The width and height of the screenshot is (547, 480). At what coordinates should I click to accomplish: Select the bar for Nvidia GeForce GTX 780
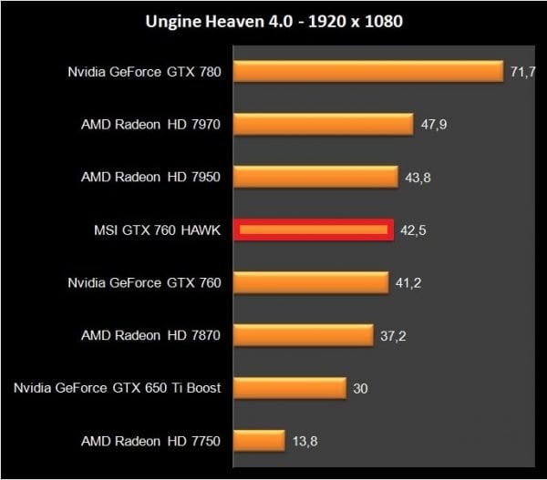(x=368, y=72)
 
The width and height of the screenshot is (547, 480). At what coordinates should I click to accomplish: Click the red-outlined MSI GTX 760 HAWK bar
(x=314, y=230)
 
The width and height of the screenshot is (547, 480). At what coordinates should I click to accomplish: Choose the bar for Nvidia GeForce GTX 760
(x=311, y=283)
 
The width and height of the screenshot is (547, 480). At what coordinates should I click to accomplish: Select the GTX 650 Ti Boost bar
(x=290, y=389)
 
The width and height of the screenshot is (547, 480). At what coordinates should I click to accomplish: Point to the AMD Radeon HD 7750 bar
(x=260, y=442)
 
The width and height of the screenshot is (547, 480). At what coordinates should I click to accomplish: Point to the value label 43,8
(x=418, y=178)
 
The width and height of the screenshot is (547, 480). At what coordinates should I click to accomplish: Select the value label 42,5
(x=413, y=230)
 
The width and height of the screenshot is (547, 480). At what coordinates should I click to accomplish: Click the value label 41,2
(x=408, y=283)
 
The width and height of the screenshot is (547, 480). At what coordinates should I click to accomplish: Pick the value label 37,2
(x=393, y=336)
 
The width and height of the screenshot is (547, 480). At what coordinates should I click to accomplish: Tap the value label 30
(x=360, y=389)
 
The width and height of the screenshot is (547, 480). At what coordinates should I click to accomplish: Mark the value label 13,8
(x=305, y=442)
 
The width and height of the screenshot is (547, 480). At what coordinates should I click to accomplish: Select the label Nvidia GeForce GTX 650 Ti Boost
(x=118, y=389)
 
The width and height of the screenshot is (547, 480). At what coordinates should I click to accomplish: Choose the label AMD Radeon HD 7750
(x=150, y=442)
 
